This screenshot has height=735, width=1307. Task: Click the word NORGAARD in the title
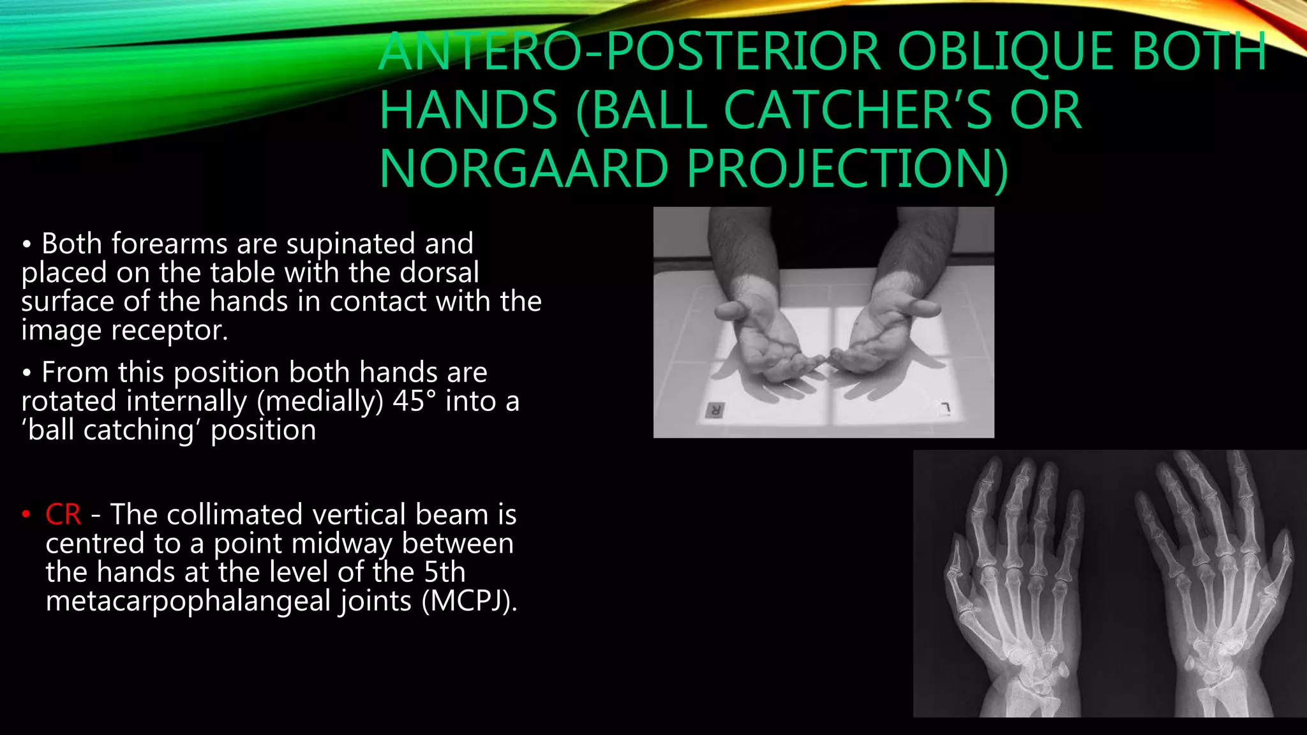(523, 168)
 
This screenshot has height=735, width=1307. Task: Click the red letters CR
(63, 514)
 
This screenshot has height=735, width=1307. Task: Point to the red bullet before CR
(26, 514)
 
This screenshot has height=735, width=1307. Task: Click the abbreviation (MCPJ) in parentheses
(468, 601)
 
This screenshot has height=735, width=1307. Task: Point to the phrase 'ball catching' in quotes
(108, 431)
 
